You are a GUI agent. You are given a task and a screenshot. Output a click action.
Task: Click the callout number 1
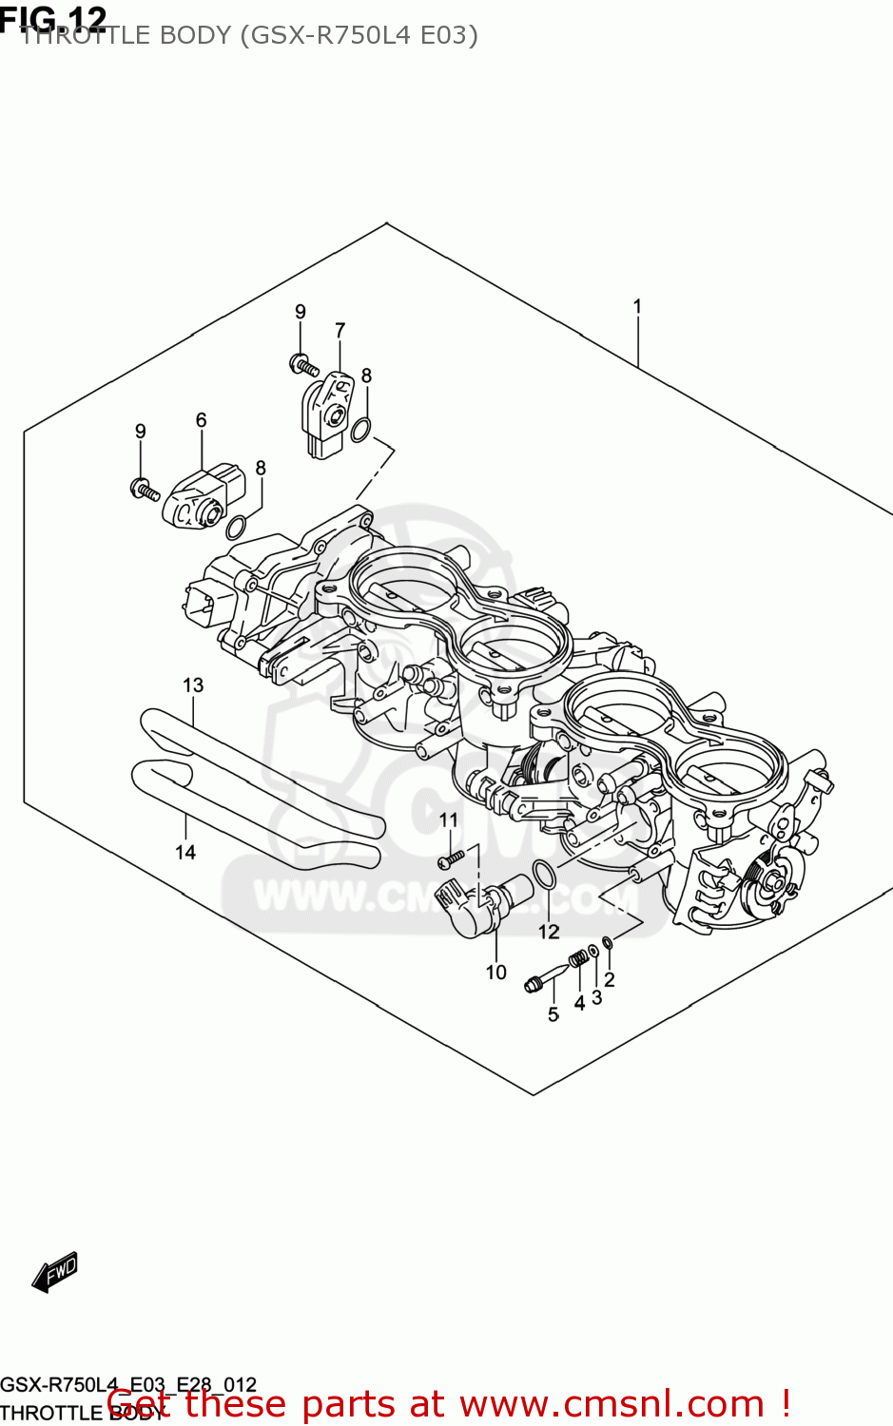637,306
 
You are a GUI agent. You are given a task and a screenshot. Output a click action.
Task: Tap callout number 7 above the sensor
340,330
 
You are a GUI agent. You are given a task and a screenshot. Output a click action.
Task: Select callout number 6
201,419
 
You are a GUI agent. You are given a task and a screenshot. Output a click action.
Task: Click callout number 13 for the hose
193,684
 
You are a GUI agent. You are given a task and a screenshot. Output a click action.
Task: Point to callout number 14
185,852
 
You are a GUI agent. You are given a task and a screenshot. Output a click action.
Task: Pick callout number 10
495,972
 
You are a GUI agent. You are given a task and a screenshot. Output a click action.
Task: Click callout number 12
549,932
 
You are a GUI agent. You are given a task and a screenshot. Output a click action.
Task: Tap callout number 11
448,819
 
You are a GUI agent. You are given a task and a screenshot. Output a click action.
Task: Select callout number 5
553,1014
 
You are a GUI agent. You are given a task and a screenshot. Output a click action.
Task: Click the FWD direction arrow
54,1272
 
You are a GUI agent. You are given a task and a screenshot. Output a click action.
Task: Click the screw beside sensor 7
303,364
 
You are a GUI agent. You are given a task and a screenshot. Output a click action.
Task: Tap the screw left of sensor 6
145,490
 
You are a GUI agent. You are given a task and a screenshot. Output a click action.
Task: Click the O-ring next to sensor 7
361,430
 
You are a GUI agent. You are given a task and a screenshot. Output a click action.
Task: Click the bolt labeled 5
546,979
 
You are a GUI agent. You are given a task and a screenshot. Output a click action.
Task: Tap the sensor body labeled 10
485,904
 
